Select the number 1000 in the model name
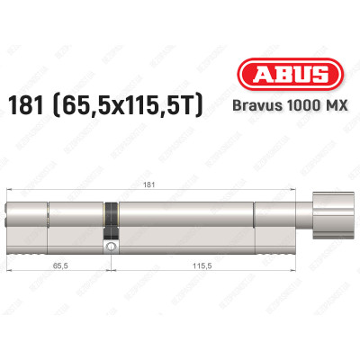[299, 104]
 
